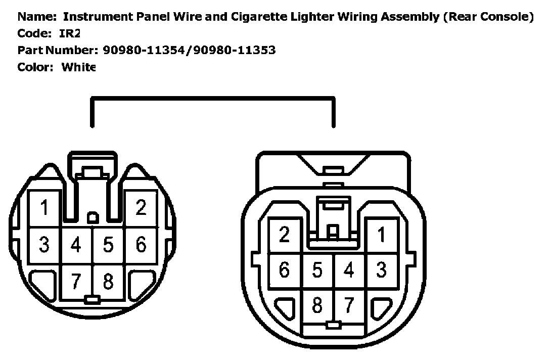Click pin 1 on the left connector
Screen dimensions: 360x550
(x=44, y=208)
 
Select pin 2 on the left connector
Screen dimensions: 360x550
(x=141, y=208)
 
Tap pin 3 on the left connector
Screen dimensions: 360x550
(x=44, y=245)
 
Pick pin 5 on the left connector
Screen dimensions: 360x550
(x=108, y=245)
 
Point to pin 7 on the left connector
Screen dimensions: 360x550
(x=76, y=282)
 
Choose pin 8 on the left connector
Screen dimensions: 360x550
(x=108, y=282)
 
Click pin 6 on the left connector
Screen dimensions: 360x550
(x=141, y=245)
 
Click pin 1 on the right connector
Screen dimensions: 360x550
(x=381, y=235)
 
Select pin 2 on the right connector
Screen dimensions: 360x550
(x=285, y=235)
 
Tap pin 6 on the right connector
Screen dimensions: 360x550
(x=285, y=270)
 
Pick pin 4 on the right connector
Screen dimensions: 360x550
(x=349, y=270)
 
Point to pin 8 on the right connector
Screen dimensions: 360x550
(x=317, y=305)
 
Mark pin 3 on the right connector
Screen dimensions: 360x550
(x=381, y=270)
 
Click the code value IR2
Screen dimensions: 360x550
(x=70, y=34)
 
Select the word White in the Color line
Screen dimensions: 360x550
(x=78, y=67)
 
